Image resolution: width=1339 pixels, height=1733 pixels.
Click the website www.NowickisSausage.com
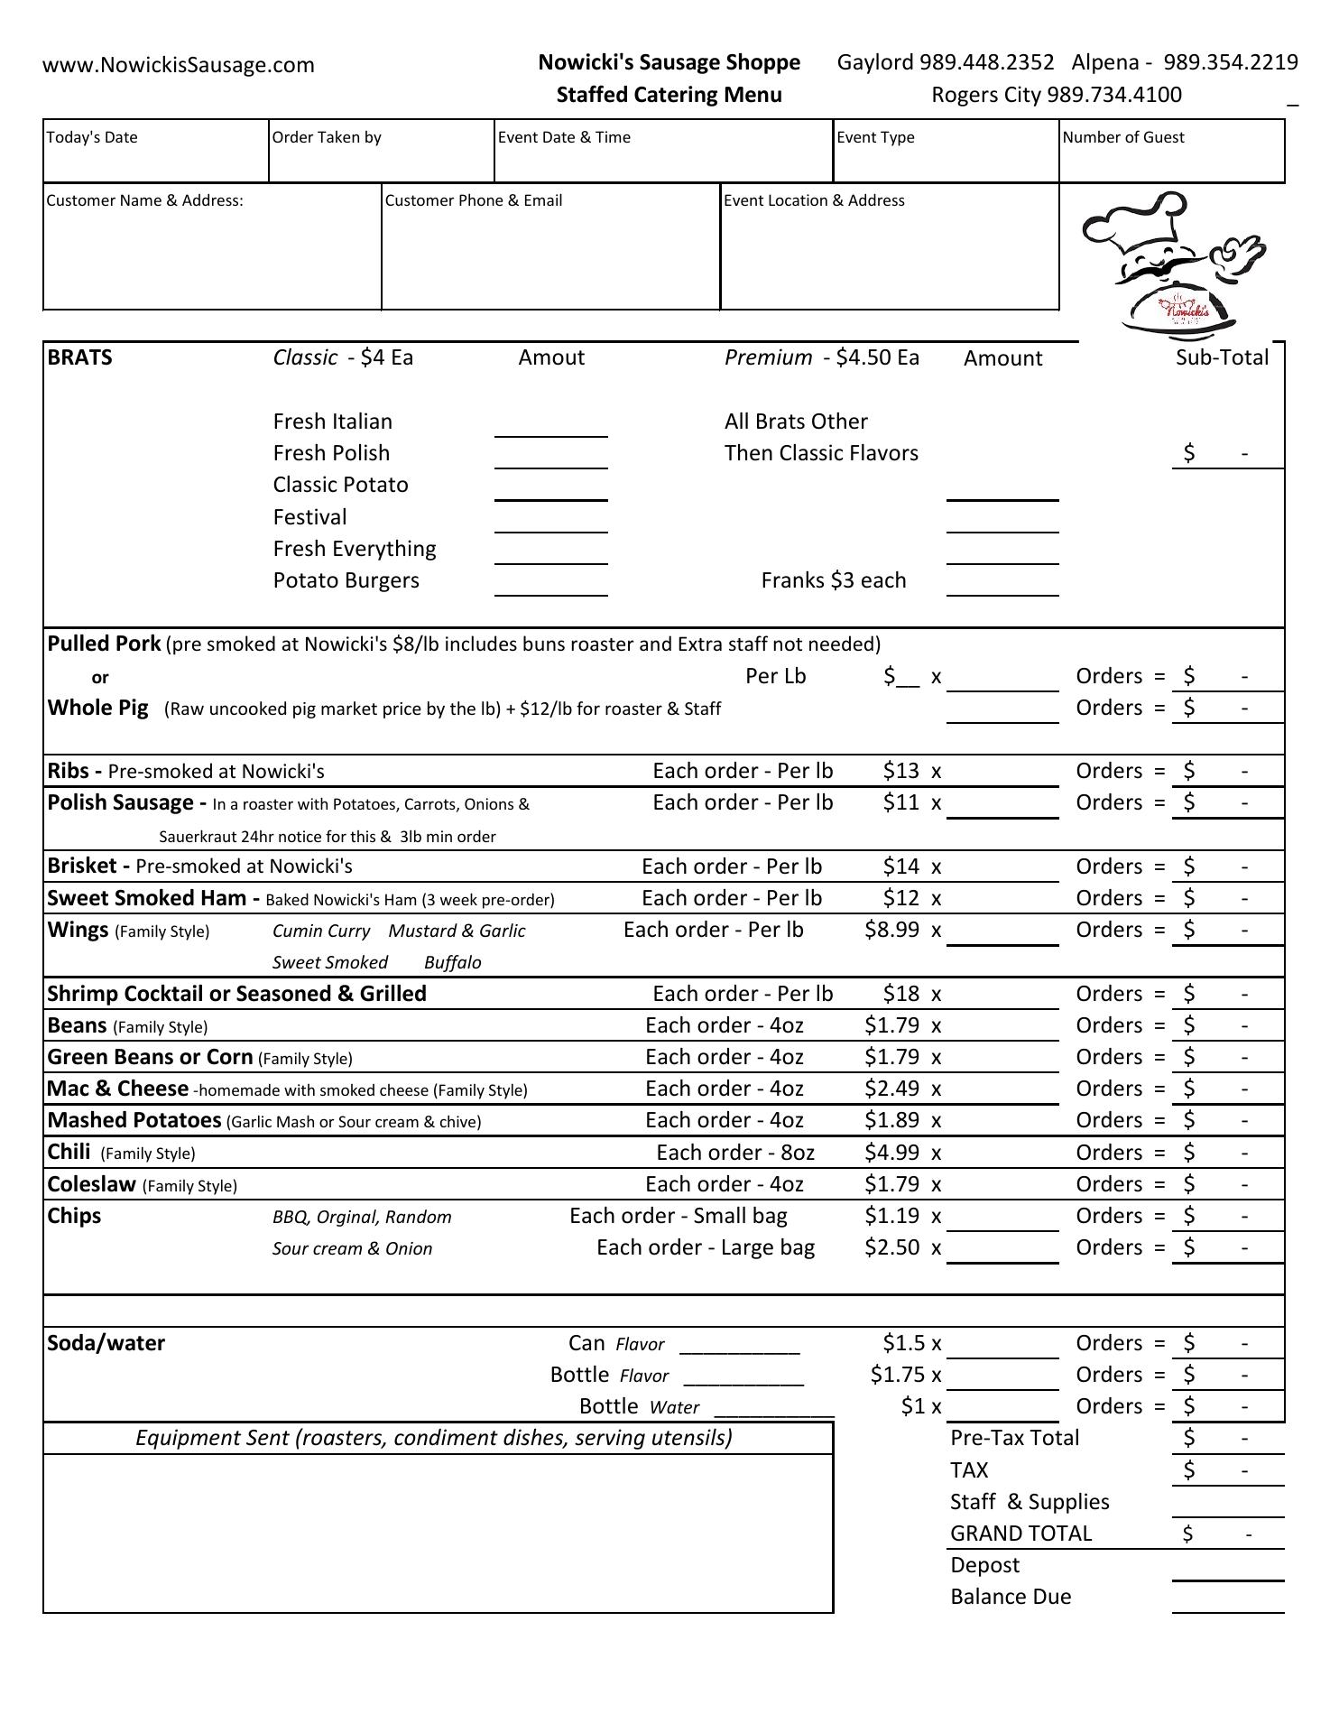point(179,65)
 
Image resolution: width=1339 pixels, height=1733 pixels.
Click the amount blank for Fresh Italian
point(550,428)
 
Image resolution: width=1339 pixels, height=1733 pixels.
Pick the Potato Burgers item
point(346,580)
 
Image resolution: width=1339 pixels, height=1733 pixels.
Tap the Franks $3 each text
point(833,580)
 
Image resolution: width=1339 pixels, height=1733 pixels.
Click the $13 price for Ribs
point(900,771)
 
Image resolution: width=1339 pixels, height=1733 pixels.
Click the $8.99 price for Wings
point(891,930)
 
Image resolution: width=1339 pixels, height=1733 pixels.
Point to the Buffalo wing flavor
point(452,962)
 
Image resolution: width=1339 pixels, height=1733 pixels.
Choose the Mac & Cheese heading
point(117,1089)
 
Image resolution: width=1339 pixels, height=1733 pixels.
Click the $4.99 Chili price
point(891,1153)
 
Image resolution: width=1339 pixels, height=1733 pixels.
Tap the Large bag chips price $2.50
point(891,1247)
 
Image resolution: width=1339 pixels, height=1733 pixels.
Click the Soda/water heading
point(106,1343)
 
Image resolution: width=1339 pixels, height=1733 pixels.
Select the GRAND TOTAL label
point(1020,1534)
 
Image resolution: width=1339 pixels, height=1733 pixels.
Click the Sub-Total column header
point(1222,357)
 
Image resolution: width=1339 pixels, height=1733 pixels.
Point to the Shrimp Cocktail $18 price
point(900,994)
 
